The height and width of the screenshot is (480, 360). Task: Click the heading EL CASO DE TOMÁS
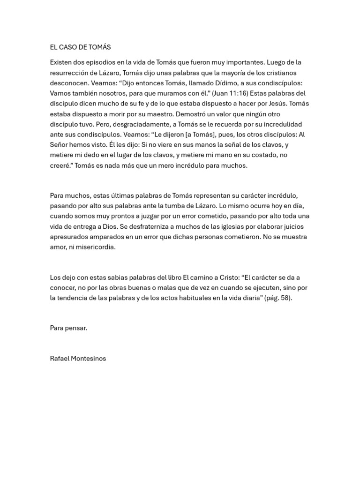(80, 47)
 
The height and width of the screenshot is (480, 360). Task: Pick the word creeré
(60, 165)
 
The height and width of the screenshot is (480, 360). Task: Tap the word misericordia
(96, 247)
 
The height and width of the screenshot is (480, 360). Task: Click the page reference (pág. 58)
(278, 298)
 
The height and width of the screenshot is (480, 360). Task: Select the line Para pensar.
(68, 328)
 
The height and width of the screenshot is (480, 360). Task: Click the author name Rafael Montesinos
(78, 359)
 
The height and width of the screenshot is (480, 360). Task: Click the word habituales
(190, 298)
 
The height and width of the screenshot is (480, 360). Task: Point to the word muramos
(162, 93)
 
